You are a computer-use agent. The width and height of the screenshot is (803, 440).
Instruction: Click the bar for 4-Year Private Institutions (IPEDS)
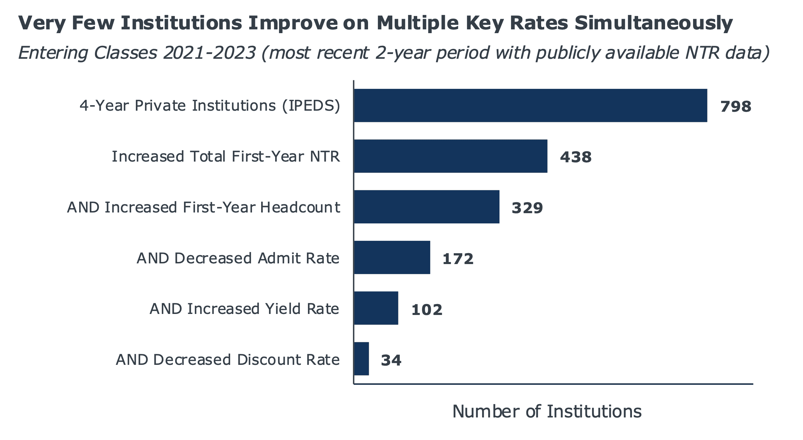pos(531,105)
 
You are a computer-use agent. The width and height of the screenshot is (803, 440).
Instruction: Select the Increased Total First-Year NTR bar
pos(451,156)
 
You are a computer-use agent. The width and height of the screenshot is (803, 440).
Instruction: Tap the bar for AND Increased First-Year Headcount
pos(427,207)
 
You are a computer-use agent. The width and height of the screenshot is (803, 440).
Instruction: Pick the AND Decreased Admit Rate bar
pos(392,257)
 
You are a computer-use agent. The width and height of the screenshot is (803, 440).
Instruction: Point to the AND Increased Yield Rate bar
pos(376,308)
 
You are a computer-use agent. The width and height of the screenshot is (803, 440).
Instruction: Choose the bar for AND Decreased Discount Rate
pos(361,359)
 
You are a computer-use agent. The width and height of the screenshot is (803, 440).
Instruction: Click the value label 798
pos(736,107)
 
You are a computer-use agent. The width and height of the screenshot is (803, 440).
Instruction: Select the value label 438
pos(576,157)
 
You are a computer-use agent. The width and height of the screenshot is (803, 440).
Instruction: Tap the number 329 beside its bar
pos(527,208)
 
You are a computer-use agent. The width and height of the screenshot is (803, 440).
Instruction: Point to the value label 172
pos(458,259)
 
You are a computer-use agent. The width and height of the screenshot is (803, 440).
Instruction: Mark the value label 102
pos(427,310)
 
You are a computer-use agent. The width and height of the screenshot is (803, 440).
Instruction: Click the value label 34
pos(391,360)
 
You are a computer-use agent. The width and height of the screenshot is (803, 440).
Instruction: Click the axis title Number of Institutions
pos(547,411)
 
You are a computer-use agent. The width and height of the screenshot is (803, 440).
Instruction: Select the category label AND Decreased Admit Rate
pos(238,258)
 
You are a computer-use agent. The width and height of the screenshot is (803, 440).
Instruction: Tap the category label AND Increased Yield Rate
pos(244,309)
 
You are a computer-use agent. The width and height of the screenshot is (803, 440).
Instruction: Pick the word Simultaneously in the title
pos(653,24)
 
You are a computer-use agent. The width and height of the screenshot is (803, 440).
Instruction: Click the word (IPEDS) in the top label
pos(311,106)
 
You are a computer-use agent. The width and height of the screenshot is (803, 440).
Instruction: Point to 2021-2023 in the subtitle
pos(209,53)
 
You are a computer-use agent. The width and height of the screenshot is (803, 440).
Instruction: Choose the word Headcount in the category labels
pos(300,207)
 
